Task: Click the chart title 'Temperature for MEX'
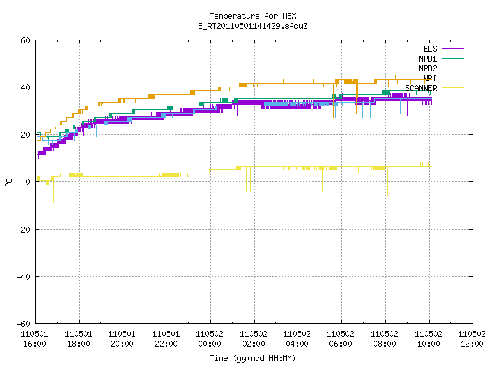253,16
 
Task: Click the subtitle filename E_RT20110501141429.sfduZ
253,26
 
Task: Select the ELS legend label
430,49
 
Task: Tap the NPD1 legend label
428,59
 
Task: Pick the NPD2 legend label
428,68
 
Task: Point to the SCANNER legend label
421,88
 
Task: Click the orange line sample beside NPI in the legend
453,78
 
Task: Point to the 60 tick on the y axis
25,40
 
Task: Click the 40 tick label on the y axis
25,87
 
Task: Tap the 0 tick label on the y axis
27,182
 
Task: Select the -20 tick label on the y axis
24,230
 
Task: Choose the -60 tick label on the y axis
24,324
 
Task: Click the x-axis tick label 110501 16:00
34,339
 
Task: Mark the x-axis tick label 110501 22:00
166,339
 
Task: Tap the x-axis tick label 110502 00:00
210,339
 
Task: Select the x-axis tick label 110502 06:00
341,339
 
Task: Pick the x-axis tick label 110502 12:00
472,339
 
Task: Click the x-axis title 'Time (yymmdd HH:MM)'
253,358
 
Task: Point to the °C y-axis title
9,182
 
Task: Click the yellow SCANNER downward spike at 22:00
167,190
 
